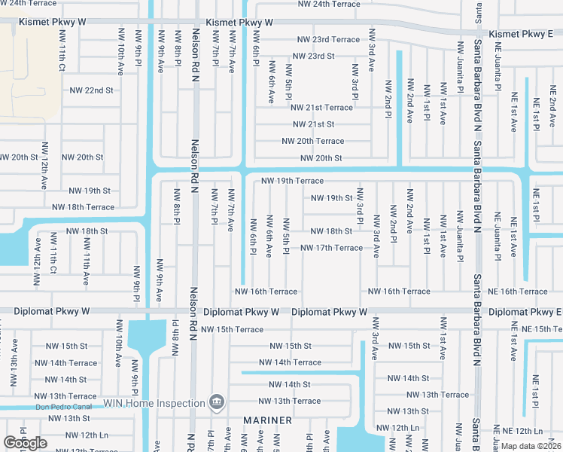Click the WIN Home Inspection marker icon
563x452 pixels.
[x=217, y=403]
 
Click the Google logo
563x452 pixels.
[x=25, y=444]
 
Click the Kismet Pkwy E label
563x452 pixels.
[x=521, y=35]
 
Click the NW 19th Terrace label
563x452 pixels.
[x=292, y=181]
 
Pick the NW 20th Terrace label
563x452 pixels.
[x=312, y=141]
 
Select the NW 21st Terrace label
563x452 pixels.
[x=321, y=108]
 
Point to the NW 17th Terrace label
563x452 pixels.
[x=331, y=248]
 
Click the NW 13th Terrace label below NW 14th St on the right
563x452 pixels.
[x=437, y=395]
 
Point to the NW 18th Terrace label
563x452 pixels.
[x=83, y=206]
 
